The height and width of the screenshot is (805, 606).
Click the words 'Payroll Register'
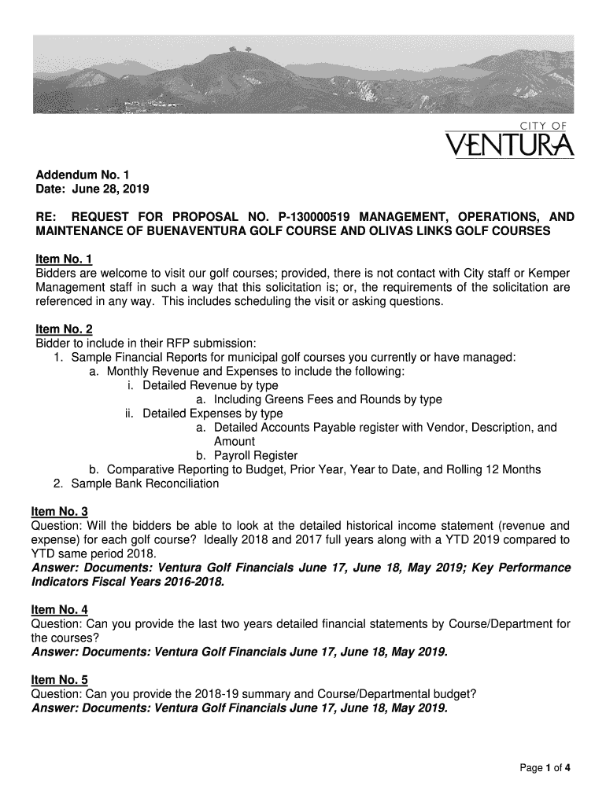point(256,456)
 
